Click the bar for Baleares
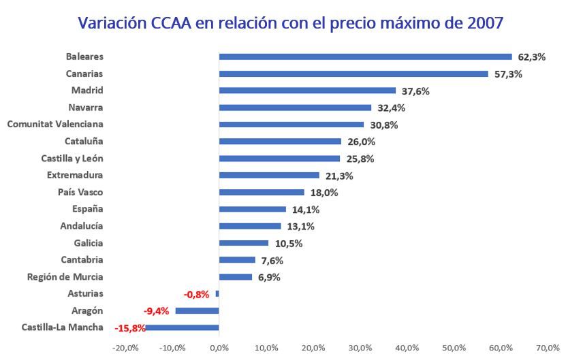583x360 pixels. (365, 57)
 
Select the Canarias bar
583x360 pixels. (353, 73)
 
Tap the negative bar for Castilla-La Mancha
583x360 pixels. (183, 327)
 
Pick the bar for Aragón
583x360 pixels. (198, 310)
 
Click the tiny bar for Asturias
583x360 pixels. (217, 293)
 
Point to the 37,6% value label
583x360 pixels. (415, 91)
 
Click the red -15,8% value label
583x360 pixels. (129, 328)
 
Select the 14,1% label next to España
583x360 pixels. (305, 210)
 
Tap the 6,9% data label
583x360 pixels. (269, 278)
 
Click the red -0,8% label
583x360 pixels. (198, 295)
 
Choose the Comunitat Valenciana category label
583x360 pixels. (55, 124)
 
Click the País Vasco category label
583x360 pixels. (80, 192)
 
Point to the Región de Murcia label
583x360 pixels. (65, 276)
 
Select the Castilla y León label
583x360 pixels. (72, 158)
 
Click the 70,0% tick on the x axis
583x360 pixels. (548, 348)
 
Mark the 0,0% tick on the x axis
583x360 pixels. (219, 348)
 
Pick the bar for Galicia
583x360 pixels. (244, 243)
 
